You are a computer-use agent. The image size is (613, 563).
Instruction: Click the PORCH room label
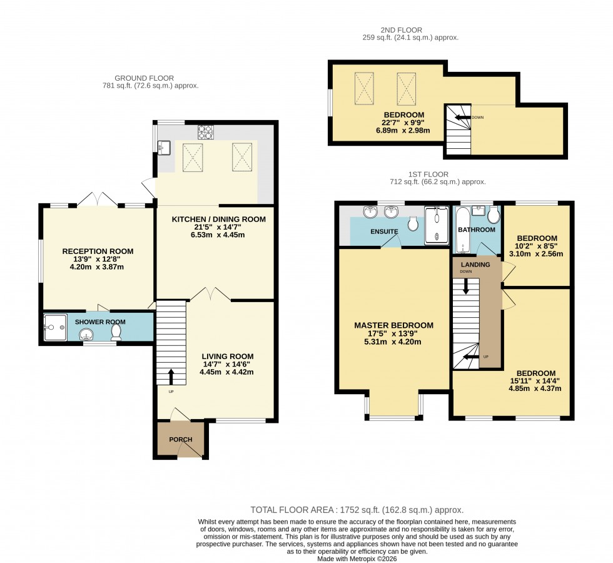click(181, 439)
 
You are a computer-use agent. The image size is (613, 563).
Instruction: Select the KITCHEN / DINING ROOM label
click(215, 219)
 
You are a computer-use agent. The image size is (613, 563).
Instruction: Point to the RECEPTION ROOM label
click(98, 251)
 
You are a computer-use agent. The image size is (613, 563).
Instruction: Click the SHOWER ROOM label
click(100, 322)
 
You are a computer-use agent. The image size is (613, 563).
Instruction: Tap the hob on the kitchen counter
click(206, 131)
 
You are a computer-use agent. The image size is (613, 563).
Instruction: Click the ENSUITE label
click(384, 231)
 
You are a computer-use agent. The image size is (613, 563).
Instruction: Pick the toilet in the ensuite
click(413, 223)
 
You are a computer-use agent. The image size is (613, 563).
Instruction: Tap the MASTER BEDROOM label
click(393, 325)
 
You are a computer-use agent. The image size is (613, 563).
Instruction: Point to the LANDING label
click(475, 265)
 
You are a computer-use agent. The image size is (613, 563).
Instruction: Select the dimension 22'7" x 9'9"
click(403, 123)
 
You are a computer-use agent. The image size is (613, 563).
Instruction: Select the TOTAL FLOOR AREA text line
click(357, 510)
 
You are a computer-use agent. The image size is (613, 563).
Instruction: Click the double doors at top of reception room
click(97, 199)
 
